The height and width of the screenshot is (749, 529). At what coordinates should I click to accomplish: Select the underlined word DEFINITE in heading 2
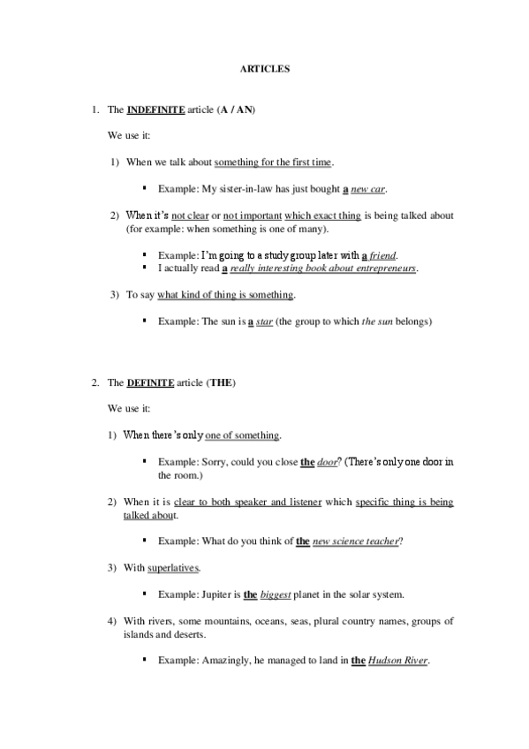[x=150, y=384]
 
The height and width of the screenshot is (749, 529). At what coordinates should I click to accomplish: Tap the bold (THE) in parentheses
[x=220, y=384]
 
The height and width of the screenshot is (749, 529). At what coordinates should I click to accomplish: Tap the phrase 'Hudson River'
[x=398, y=661]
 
